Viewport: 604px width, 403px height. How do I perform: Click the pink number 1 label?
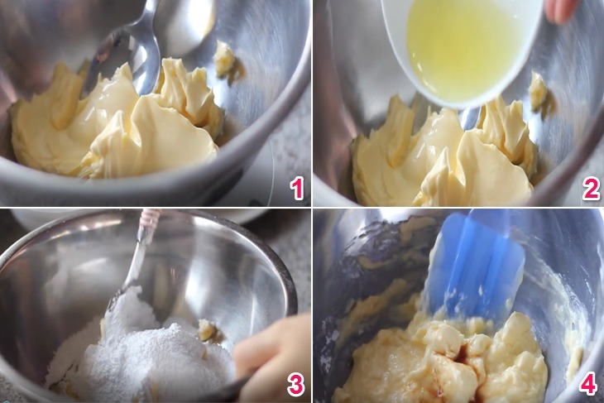point(297,189)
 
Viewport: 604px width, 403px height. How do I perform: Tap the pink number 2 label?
point(591,189)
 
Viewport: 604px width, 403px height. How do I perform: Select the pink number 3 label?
point(296,384)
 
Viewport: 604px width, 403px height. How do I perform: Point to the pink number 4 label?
point(588,384)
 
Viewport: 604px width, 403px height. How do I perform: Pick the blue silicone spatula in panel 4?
point(476,266)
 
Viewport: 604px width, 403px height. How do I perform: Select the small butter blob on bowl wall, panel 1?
point(224,59)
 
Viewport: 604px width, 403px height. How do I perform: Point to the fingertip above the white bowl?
point(563,10)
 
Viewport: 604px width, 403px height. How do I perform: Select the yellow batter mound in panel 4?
point(443,362)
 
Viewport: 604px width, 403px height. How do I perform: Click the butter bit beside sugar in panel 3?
point(207,330)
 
